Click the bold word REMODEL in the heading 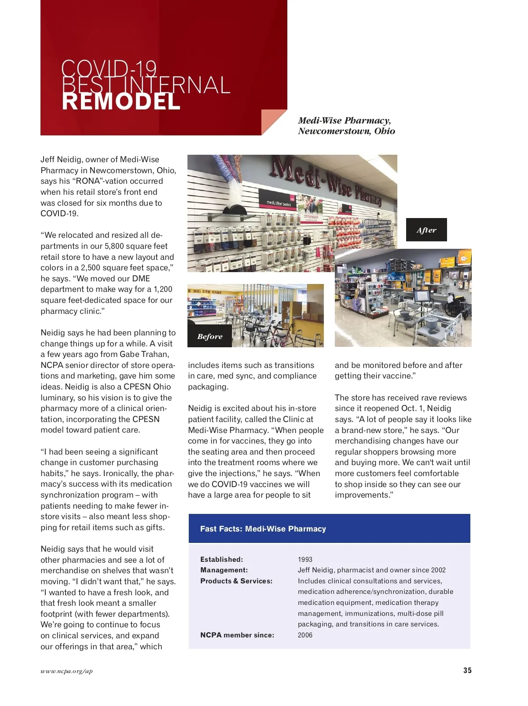121,102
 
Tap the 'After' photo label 426,230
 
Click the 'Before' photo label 210,336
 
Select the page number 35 467,670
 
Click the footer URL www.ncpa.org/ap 66,671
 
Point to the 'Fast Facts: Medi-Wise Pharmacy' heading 263,529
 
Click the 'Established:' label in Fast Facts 221,560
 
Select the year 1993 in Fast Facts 305,560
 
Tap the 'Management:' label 224,570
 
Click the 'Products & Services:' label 236,581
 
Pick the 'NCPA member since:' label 237,635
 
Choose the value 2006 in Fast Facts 305,635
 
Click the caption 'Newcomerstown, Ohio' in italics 346,131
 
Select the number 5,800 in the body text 114,246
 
